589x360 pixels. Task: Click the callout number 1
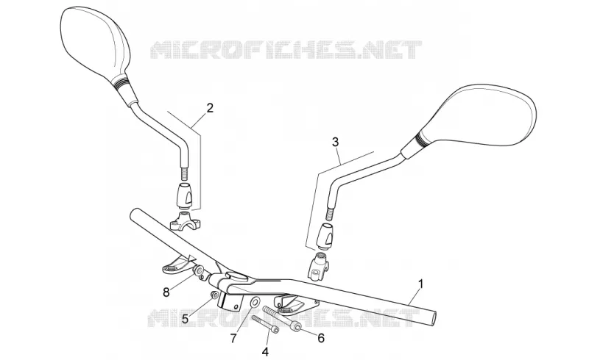420,284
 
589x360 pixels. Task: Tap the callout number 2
210,108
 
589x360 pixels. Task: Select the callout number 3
336,142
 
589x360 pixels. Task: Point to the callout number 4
265,352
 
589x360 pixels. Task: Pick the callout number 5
186,319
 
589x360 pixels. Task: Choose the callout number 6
321,338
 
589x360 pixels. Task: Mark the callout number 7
233,339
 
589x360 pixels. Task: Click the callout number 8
166,292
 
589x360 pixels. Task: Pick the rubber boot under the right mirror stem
325,235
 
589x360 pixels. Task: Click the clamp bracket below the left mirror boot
186,221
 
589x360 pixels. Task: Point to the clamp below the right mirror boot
319,266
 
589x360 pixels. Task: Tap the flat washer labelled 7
255,302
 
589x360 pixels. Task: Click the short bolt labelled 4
266,325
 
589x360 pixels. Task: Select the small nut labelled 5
214,295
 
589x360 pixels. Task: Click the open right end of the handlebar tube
434,317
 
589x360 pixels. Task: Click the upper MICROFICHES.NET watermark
286,50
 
